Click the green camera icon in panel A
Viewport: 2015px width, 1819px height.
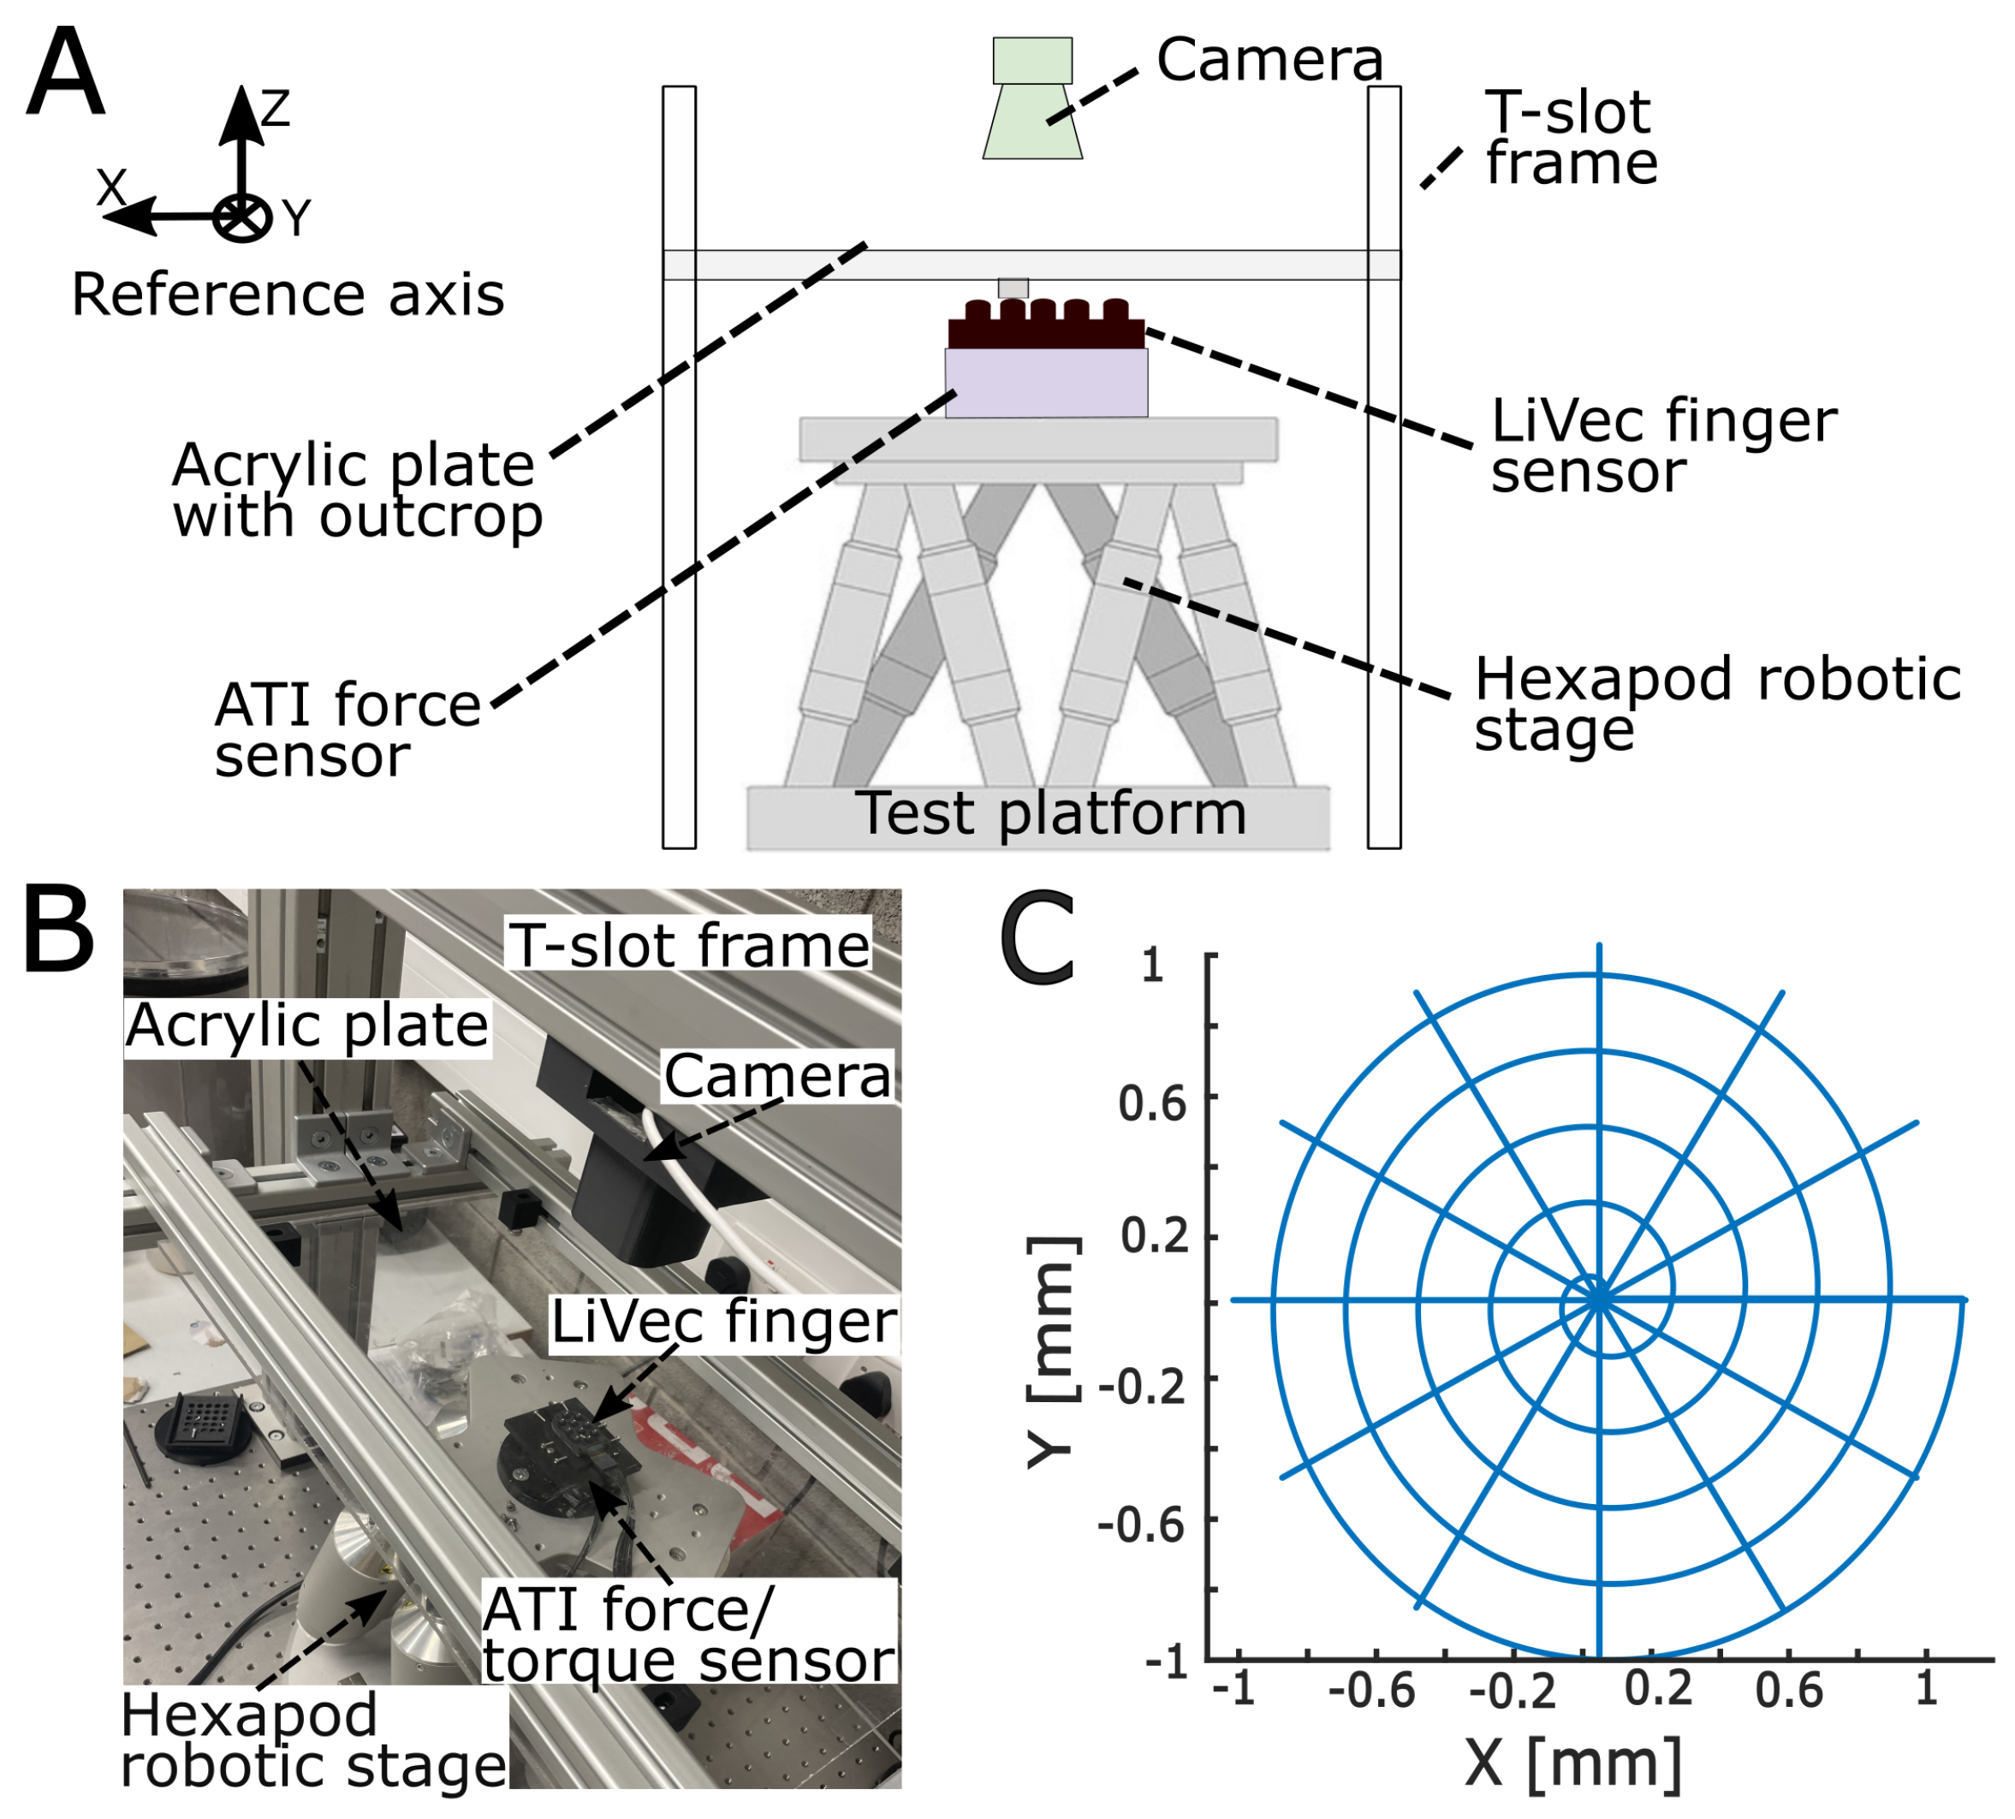[x=1031, y=100]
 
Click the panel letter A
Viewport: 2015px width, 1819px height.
[x=65, y=75]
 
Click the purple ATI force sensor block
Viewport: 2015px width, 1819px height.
[x=1045, y=383]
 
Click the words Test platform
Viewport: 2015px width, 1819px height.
[x=1051, y=815]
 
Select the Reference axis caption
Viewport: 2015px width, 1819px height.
[x=288, y=296]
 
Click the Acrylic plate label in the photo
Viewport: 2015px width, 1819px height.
[x=306, y=1026]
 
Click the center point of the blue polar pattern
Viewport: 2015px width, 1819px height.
[x=1599, y=1300]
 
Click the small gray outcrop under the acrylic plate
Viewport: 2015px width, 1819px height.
[x=1013, y=288]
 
